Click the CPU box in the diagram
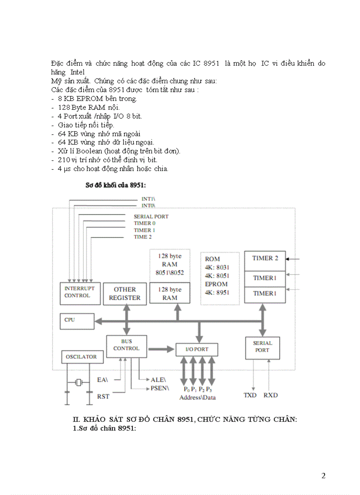coord(77,320)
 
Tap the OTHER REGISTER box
coord(125,294)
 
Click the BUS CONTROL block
coord(126,345)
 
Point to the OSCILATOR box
coord(82,357)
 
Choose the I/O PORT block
coord(197,349)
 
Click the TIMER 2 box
coord(265,258)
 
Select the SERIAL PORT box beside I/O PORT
coord(262,347)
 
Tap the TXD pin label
coord(250,395)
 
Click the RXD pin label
coord(270,395)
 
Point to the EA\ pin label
coord(102,379)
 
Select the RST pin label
coord(103,396)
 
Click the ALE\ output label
coord(158,380)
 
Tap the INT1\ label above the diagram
coord(148,199)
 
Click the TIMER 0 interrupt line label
coord(145,223)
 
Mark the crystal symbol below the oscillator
coord(79,383)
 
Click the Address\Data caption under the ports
coord(197,397)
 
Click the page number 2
coord(323,476)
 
